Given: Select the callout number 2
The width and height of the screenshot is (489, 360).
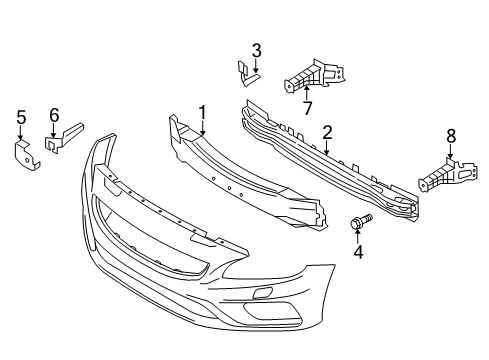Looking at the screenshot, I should tap(327, 132).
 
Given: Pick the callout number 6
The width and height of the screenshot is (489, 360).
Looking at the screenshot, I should tap(54, 114).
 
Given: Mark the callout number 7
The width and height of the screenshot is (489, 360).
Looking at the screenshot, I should tap(306, 105).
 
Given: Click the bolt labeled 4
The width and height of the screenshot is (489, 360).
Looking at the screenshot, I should tap(359, 225).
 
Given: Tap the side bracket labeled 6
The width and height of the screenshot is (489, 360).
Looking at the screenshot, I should tap(65, 139).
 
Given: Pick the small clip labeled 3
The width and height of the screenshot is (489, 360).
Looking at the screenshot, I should tap(245, 71).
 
